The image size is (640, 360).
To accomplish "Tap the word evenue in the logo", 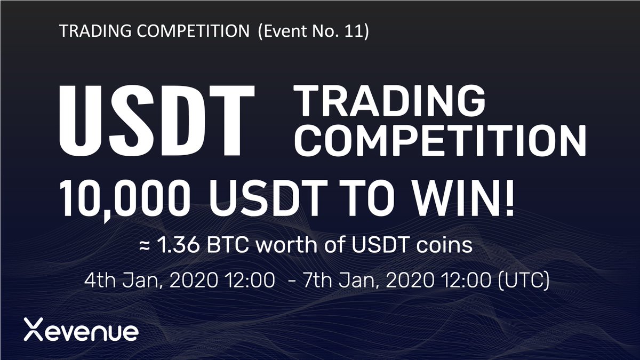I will tap(91, 331).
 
